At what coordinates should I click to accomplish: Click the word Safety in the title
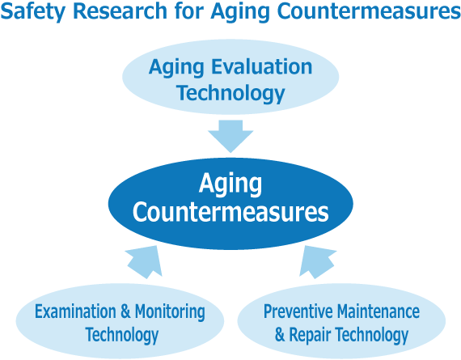33,12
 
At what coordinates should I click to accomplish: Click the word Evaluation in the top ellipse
262,67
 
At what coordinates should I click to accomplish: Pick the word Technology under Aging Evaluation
230,94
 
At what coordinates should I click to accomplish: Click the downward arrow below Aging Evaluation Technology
230,136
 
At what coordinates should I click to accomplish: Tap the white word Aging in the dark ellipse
230,184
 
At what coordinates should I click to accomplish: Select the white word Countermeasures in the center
230,212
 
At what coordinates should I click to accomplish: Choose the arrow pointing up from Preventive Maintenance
316,262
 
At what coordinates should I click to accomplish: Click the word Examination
75,311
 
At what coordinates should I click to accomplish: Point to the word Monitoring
170,312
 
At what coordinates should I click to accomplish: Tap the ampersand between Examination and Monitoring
125,311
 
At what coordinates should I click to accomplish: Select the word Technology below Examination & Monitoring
122,335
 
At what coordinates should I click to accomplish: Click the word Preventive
298,311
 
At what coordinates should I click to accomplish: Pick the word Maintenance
379,311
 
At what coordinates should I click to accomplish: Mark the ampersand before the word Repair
280,334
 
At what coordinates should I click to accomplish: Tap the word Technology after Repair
372,335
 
